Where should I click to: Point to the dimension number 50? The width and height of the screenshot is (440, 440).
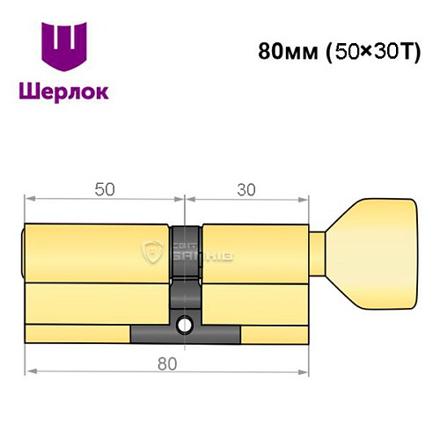(x=104, y=187)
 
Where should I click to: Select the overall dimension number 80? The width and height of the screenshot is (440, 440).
(x=167, y=363)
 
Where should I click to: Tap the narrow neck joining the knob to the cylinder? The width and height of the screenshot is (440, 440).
(x=320, y=255)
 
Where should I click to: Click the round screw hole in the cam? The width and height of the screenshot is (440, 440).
(x=185, y=325)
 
